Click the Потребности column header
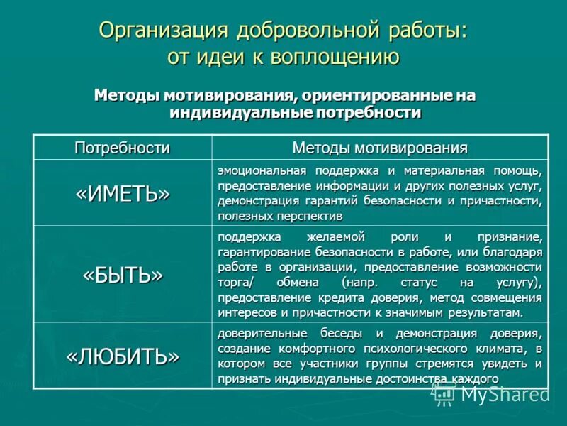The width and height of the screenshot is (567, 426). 123,148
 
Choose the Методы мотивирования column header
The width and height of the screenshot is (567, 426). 380,148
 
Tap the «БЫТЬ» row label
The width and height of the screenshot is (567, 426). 123,274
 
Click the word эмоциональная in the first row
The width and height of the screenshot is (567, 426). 262,170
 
